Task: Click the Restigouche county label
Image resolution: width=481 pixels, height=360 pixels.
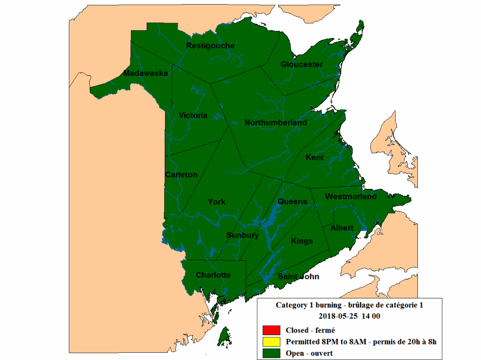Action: point(210,46)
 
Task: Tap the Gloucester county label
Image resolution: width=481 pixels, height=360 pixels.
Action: point(302,64)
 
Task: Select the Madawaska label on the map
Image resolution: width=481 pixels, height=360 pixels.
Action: point(146,73)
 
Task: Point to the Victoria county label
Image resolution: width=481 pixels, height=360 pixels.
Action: point(193,115)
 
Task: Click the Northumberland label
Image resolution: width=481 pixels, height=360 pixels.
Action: point(276,123)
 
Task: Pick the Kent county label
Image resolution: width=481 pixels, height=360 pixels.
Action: point(314,157)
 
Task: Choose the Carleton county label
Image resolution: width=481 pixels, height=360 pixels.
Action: point(181,175)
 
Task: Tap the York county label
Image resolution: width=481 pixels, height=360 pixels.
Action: point(216,202)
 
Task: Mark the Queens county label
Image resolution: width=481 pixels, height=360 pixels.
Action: point(292,201)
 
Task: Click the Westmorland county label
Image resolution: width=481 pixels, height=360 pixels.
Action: point(351,197)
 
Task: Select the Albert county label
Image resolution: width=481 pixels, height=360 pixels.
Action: point(342,228)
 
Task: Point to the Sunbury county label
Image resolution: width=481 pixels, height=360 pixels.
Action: point(243,235)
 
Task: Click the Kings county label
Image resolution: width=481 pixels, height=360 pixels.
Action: point(302,241)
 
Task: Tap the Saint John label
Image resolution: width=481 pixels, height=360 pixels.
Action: point(298,277)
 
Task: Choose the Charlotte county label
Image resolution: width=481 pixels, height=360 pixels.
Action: point(213,275)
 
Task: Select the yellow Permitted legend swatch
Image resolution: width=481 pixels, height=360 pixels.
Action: point(271,341)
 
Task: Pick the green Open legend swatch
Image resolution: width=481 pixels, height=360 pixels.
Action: point(271,353)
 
